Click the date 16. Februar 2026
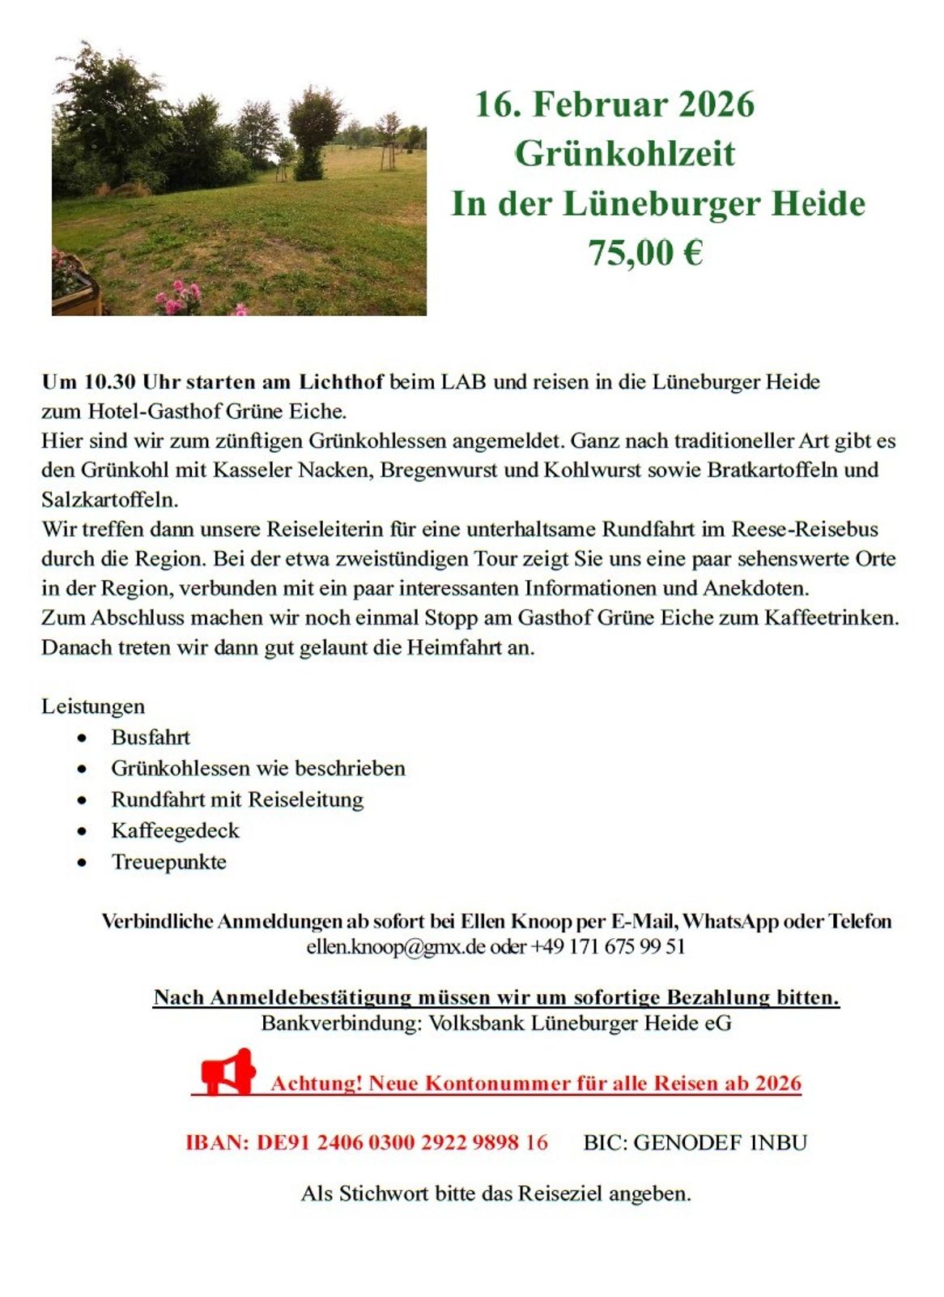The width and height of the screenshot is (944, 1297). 614,105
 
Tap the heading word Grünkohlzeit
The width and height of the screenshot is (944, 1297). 624,154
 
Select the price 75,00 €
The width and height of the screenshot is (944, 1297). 644,253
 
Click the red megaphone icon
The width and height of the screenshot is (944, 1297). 228,1073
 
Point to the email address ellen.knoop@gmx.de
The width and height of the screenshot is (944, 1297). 395,946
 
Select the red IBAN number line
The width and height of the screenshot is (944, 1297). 367,1142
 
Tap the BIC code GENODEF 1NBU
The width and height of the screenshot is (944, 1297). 695,1142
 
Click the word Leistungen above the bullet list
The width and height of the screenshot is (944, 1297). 93,706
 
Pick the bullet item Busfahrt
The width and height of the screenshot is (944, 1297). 151,737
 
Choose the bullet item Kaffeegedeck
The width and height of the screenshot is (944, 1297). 175,830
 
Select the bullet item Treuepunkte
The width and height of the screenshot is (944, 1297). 168,862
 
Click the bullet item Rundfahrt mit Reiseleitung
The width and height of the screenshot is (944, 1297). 237,800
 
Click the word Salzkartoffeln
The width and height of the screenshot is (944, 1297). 109,499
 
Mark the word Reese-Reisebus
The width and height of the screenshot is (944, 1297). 805,529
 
